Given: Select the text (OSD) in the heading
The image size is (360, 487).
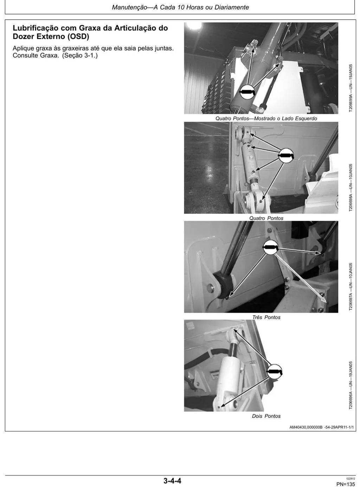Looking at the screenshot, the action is click(78, 37).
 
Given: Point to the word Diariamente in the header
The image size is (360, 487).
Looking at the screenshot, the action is click(232, 7).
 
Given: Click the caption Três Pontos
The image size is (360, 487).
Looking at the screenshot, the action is click(266, 317).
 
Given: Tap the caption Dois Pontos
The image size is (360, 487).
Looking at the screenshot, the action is click(266, 416).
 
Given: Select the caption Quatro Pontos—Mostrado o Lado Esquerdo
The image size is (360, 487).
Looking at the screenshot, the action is click(266, 119).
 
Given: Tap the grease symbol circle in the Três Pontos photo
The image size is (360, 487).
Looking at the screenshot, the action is click(270, 247).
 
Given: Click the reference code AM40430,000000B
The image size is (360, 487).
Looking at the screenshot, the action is click(306, 427).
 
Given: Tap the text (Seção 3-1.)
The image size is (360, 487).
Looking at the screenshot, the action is click(80, 55).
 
